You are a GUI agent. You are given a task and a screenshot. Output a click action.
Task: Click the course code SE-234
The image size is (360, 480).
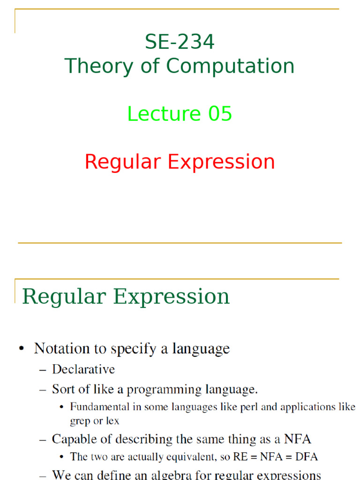[180, 42]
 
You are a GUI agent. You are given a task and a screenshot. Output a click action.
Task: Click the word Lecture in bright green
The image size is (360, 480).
[157, 114]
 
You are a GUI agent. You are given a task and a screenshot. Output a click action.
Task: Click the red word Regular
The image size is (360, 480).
[123, 162]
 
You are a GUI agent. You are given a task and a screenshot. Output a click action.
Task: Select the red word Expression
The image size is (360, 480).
[221, 162]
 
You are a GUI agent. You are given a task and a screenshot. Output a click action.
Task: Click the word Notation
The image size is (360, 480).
[62, 349]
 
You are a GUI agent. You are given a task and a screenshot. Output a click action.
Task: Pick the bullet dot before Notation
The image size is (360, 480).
[21, 349]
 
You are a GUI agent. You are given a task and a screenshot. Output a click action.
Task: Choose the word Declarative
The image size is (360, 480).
[83, 369]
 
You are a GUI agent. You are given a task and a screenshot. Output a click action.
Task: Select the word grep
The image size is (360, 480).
[80, 421]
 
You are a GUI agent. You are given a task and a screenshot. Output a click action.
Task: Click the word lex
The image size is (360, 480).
[112, 421]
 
